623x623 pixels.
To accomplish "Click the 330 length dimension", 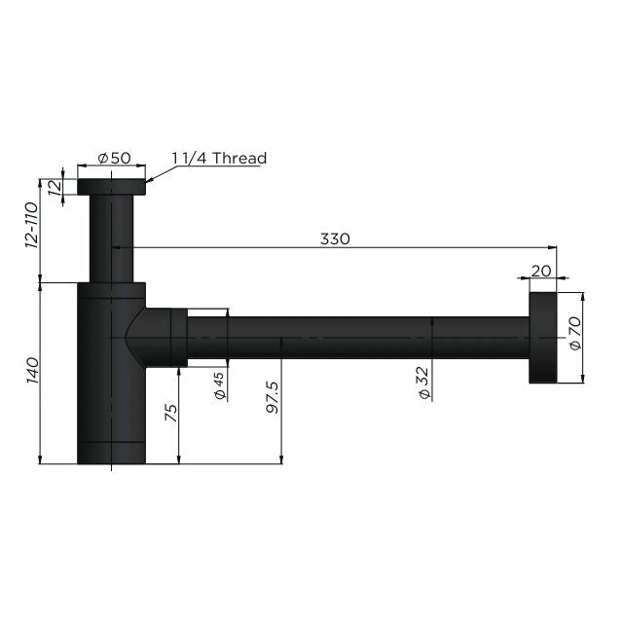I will tap(335, 238).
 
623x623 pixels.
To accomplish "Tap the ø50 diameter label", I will tap(115, 159).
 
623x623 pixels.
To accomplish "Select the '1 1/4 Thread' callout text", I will tap(219, 158).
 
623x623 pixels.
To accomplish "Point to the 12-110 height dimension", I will tap(30, 226).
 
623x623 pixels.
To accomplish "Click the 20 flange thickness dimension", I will tap(541, 271).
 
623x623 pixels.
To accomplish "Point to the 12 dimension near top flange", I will tap(55, 187).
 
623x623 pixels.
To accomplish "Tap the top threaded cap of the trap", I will tap(111, 187).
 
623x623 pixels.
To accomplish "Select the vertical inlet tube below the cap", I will tap(112, 238).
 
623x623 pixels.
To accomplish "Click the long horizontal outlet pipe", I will tap(360, 337).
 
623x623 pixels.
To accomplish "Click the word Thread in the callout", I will tap(238, 158).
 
